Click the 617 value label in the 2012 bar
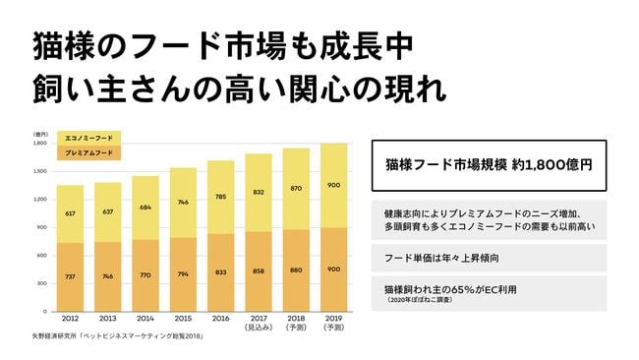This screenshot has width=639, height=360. (69, 212)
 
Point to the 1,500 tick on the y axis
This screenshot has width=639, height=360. (42, 171)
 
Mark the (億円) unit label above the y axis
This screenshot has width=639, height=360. (41, 134)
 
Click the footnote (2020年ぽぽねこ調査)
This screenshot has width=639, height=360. (416, 302)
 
